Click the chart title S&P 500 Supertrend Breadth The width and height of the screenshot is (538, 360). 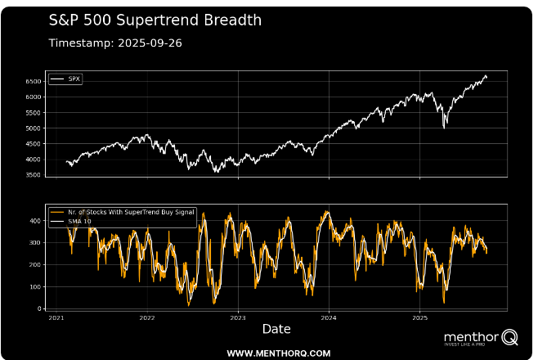pyautogui.click(x=155, y=20)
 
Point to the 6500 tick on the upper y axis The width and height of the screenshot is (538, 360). pyautogui.click(x=34, y=82)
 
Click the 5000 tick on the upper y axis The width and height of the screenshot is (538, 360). pyautogui.click(x=34, y=128)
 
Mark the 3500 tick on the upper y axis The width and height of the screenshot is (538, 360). pyautogui.click(x=34, y=175)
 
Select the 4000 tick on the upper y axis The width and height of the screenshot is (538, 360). pyautogui.click(x=34, y=160)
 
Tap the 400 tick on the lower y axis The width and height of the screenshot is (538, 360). pyautogui.click(x=37, y=221)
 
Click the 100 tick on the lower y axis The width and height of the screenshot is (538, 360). pyautogui.click(x=37, y=287)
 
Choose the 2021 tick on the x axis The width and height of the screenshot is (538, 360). pyautogui.click(x=57, y=317)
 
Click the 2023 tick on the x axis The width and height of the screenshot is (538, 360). pyautogui.click(x=238, y=317)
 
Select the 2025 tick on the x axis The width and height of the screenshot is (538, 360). pyautogui.click(x=419, y=317)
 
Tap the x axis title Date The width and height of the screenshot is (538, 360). pyautogui.click(x=276, y=329)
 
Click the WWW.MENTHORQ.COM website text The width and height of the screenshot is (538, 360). pyautogui.click(x=278, y=353)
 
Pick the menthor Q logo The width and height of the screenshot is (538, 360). pyautogui.click(x=481, y=337)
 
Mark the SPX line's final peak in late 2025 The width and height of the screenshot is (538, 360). pyautogui.click(x=486, y=76)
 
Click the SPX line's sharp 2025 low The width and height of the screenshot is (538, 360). pyautogui.click(x=444, y=128)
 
